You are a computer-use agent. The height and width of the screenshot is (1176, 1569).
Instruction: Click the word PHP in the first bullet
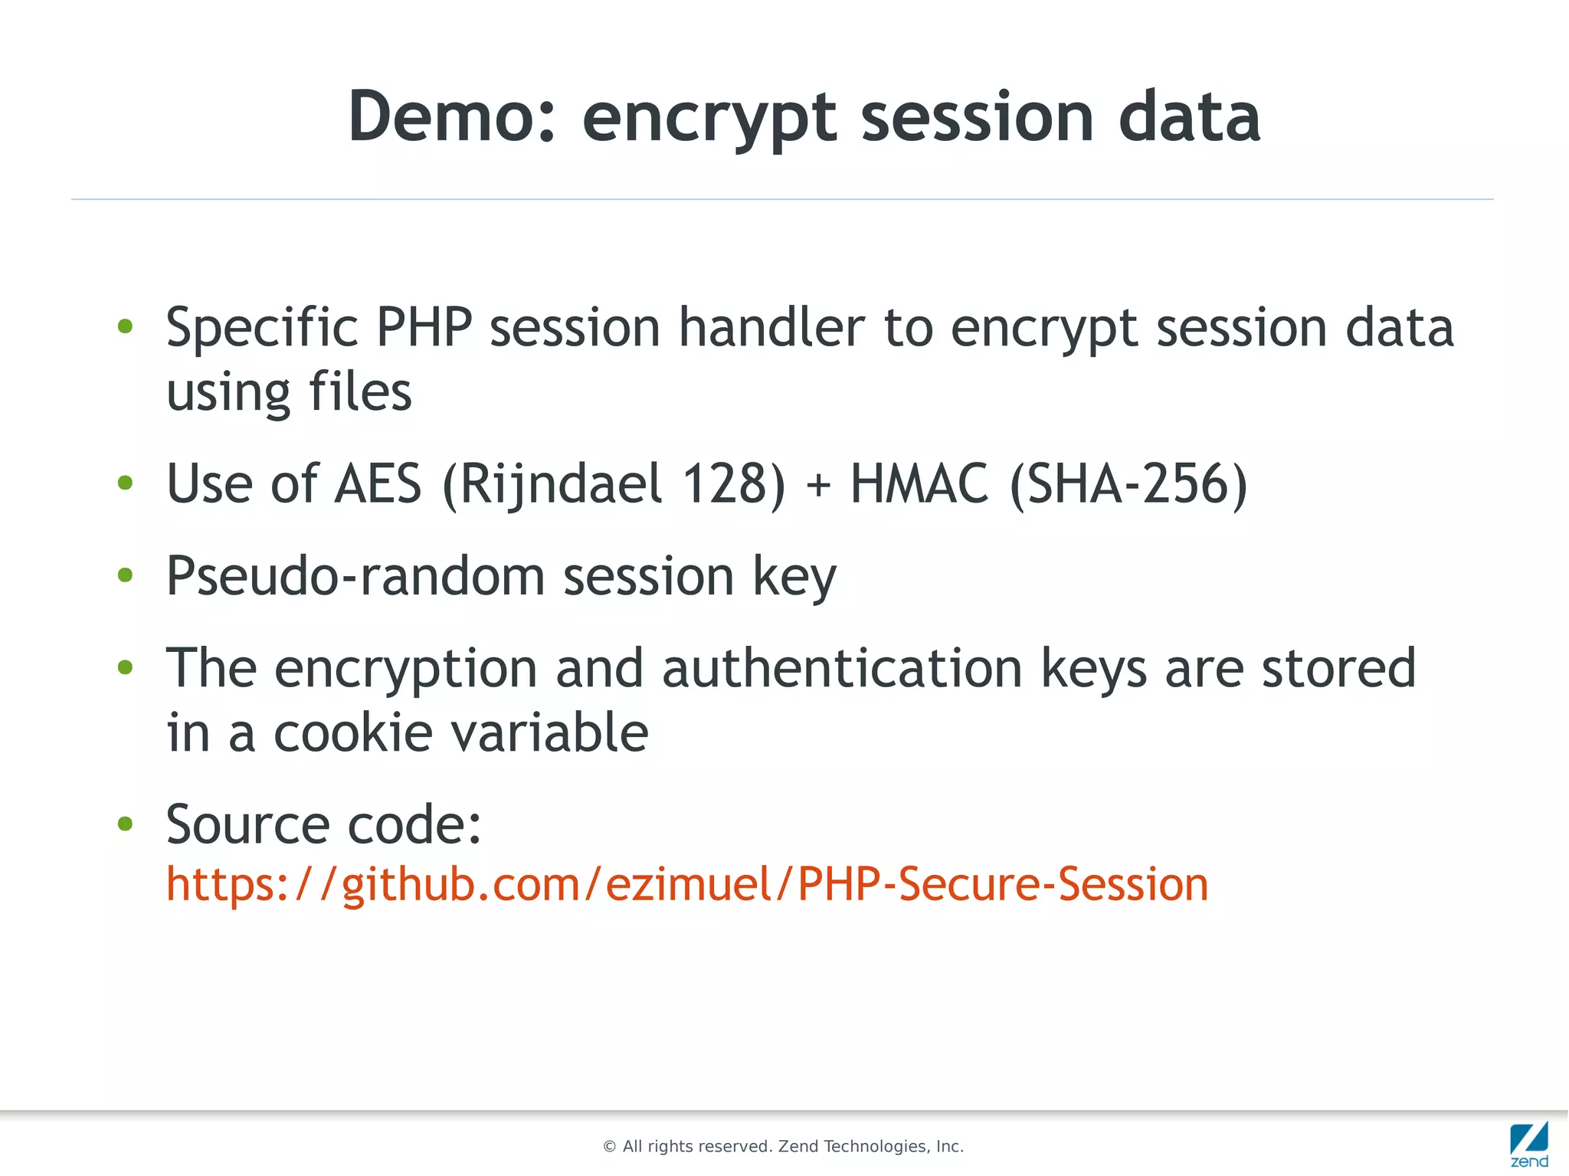coord(424,328)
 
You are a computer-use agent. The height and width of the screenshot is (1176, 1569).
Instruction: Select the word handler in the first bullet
coord(771,328)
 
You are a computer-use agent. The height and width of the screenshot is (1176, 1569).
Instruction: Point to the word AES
coord(378,484)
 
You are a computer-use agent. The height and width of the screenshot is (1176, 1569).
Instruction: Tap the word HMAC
coord(919,484)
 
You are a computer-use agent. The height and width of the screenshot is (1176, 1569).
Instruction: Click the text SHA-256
coord(1129,484)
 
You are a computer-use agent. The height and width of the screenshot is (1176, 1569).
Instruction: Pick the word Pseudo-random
coord(355,576)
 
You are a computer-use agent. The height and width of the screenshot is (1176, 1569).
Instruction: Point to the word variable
coord(549,732)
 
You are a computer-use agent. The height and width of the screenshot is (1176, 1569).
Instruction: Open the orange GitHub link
coord(686,884)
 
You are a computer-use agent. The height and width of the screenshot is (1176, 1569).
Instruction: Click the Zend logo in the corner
coord(1529,1145)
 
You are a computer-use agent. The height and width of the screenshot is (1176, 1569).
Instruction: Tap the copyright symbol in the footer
coord(610,1147)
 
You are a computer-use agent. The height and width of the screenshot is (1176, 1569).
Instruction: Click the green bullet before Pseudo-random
coord(125,575)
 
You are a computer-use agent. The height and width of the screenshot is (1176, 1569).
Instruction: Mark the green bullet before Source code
coord(125,824)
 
